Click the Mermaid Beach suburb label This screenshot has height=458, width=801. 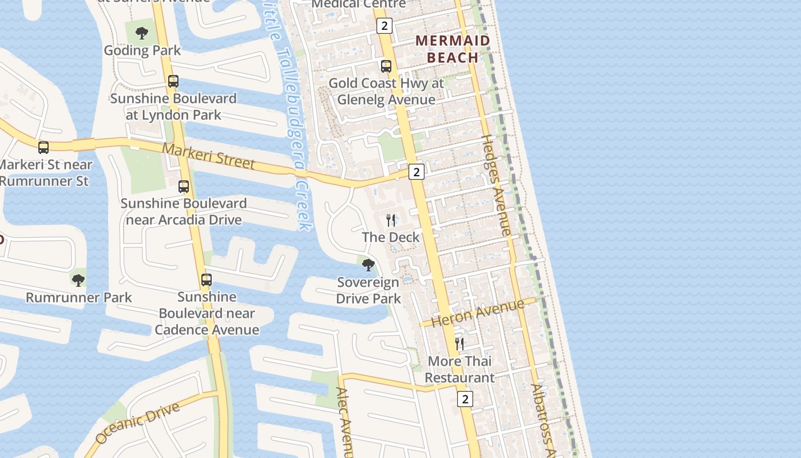click(453, 49)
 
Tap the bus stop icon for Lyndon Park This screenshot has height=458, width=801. click(173, 81)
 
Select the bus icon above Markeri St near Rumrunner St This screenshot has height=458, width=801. click(43, 148)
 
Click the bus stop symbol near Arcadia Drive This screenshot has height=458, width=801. click(184, 187)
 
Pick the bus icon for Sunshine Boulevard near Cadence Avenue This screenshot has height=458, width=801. click(207, 280)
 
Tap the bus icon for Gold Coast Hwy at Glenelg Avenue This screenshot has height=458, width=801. click(386, 66)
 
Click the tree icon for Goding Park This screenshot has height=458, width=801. click(142, 33)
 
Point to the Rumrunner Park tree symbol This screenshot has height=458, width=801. click(78, 280)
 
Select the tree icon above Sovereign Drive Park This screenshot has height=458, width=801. click(368, 264)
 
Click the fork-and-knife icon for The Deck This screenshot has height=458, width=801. click(391, 220)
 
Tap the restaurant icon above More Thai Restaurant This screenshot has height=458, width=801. click(459, 343)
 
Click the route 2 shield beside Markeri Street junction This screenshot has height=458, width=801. click(417, 171)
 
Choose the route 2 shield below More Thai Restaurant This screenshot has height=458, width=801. click(465, 399)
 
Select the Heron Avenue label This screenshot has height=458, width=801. click(477, 313)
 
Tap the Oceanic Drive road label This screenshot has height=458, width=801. click(137, 423)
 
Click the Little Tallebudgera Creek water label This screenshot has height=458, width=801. click(290, 114)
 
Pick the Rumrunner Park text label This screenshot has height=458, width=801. click(79, 298)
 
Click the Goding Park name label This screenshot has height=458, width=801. click(142, 50)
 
